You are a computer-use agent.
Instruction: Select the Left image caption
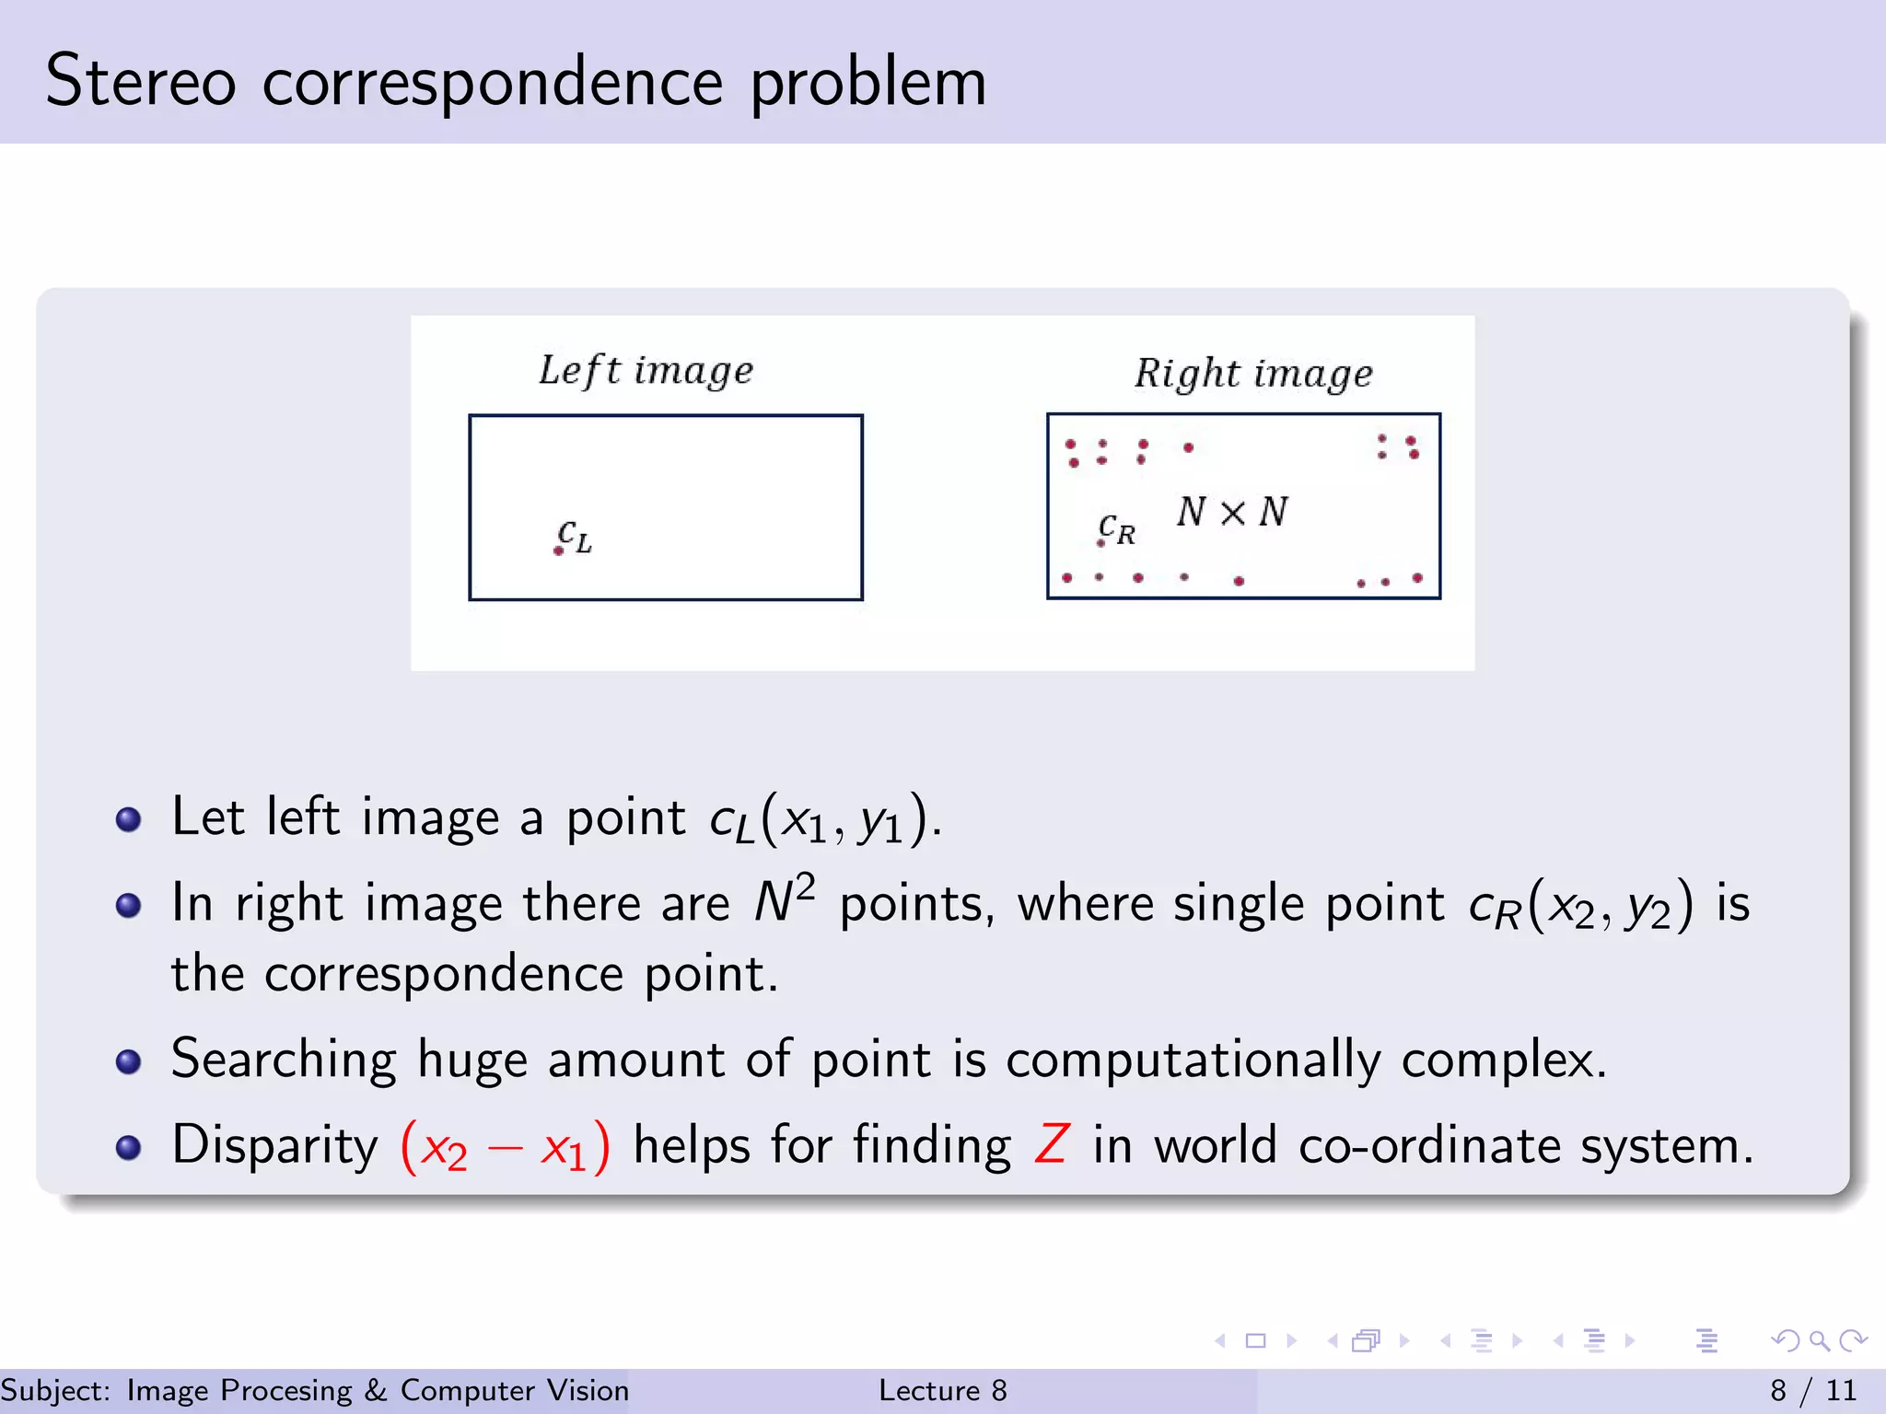[646, 370]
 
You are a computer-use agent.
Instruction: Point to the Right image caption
[1253, 374]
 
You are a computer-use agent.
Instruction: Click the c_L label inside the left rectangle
[575, 537]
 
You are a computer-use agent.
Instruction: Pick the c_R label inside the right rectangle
[1117, 529]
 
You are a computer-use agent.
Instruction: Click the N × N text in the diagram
[1232, 512]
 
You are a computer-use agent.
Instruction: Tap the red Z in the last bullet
[1051, 1144]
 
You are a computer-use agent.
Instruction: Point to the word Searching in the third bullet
[284, 1060]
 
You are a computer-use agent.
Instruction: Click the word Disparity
[274, 1146]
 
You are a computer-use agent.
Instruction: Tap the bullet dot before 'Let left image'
[129, 819]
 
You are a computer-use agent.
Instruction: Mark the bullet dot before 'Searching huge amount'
[129, 1061]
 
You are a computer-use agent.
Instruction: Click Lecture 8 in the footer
[942, 1390]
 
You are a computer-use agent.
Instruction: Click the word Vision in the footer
[588, 1390]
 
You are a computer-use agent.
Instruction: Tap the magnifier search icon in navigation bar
[1819, 1340]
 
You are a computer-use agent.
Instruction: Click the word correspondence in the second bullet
[444, 974]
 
